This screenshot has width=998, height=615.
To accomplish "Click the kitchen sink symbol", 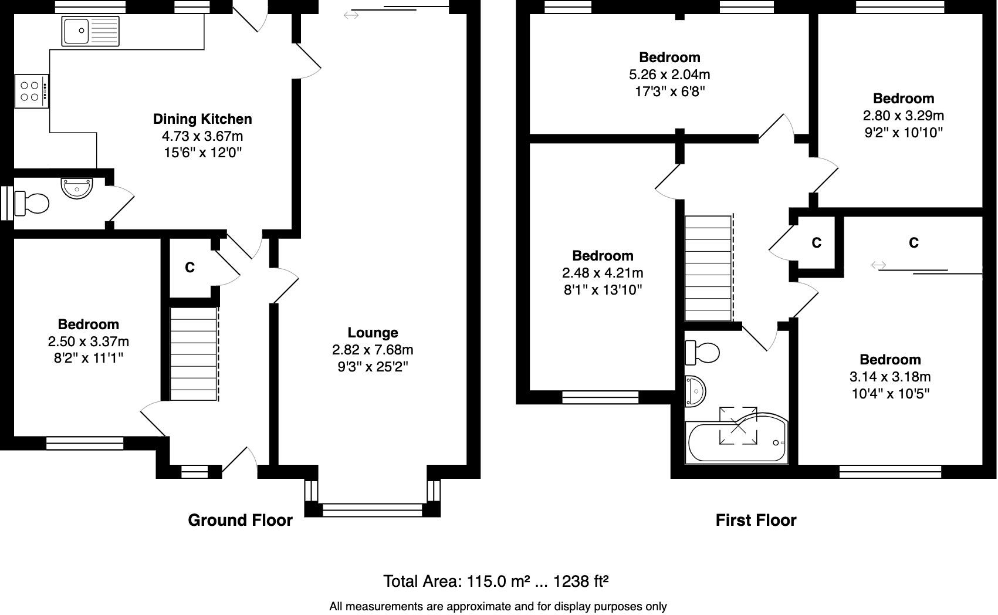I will [x=90, y=31].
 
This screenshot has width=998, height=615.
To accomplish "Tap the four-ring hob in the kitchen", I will [x=31, y=91].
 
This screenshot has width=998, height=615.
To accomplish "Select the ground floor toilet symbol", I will [x=32, y=204].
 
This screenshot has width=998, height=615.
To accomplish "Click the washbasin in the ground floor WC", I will [x=76, y=188].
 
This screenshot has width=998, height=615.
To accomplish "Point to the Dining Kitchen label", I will [x=202, y=119].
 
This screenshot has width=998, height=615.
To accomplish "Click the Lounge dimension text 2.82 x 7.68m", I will [x=373, y=350].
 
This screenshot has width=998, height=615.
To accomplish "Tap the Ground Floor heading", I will [x=240, y=520].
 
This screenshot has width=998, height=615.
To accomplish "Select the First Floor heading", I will [x=756, y=520].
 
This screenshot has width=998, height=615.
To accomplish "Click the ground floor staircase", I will [x=194, y=354].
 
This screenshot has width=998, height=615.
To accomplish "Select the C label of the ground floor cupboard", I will [x=190, y=268].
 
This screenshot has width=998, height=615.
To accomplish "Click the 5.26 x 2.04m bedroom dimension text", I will [x=669, y=75].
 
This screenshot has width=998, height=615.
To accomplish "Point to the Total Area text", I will [x=496, y=581].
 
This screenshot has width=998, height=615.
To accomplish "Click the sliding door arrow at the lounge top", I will [x=351, y=15].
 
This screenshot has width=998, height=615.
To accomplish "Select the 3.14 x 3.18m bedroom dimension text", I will [x=889, y=377].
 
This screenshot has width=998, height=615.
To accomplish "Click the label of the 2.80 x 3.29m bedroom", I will [x=903, y=99].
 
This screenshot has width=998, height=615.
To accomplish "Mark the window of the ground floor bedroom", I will [x=84, y=443].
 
